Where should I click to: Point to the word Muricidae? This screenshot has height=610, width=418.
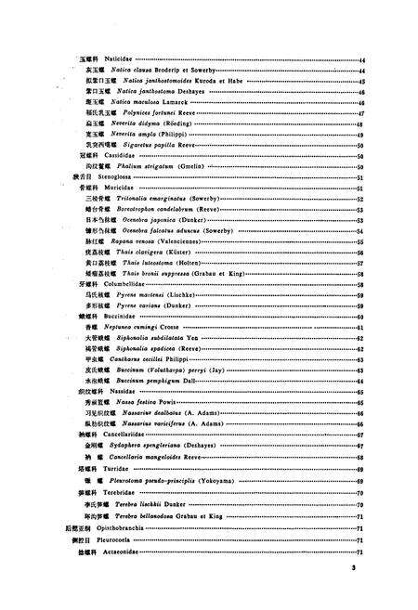point(120,187)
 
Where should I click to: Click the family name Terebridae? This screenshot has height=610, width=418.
point(120,492)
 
